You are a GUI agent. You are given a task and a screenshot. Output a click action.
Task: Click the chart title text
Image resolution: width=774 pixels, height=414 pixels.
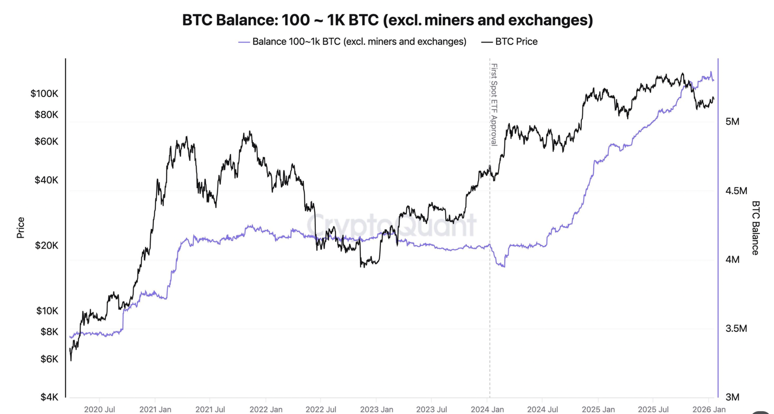click(387, 20)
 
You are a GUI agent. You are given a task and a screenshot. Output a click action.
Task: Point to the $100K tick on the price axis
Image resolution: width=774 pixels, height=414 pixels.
click(44, 93)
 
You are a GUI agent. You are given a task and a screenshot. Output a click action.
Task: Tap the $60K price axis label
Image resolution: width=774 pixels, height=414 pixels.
click(46, 142)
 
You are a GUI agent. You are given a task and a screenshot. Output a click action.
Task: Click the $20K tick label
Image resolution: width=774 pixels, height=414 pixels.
click(46, 246)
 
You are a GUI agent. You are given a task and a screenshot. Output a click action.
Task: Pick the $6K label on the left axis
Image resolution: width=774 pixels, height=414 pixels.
click(49, 359)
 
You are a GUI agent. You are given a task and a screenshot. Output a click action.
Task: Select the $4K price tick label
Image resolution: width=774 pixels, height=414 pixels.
click(49, 397)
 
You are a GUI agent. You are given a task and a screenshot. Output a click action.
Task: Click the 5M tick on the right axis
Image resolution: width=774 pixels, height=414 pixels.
click(732, 122)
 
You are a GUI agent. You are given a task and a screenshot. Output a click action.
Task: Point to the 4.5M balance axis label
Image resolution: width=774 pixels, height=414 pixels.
click(736, 191)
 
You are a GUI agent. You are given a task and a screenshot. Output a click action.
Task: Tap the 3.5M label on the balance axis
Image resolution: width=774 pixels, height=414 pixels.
click(736, 329)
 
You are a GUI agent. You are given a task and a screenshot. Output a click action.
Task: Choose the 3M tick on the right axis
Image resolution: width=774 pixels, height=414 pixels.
click(732, 397)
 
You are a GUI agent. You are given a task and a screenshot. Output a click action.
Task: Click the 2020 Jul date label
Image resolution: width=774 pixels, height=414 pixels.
click(100, 409)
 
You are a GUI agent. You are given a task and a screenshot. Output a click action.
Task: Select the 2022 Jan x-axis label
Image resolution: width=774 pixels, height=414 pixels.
click(266, 409)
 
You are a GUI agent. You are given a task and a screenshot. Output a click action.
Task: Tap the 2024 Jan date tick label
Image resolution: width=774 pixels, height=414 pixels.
click(487, 409)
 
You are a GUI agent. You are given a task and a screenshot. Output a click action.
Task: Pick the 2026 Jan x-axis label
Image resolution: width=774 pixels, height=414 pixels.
click(709, 409)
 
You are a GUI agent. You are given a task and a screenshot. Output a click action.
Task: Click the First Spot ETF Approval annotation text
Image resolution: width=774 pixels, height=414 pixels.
click(494, 104)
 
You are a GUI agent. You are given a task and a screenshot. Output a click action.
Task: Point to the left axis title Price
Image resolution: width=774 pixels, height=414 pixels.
click(20, 228)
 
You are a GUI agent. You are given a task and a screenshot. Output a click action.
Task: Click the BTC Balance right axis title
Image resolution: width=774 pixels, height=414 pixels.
click(755, 228)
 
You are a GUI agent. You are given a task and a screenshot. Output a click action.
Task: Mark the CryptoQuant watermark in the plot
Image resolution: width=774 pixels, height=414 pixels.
click(391, 225)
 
